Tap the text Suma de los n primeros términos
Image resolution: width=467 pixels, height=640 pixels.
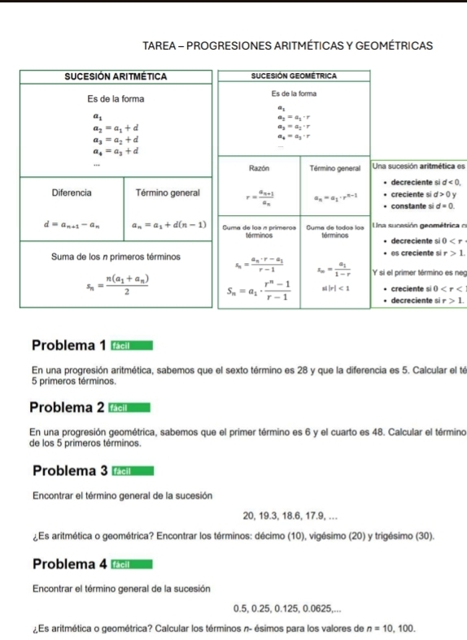point(105,256)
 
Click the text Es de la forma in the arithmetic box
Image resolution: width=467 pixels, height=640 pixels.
point(116,98)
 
